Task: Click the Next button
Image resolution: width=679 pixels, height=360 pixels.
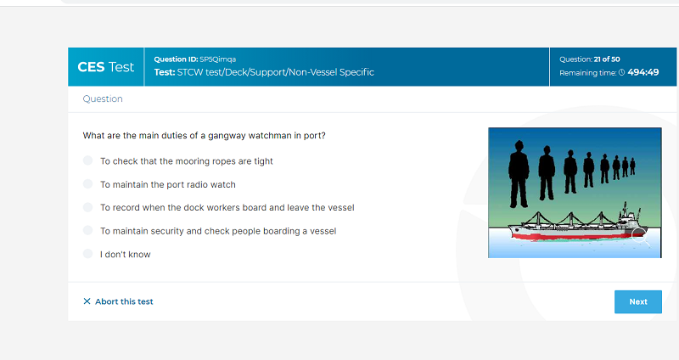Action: point(638,301)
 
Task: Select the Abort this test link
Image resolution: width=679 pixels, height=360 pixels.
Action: point(124,301)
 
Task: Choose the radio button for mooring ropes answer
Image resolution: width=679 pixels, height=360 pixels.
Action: point(88,160)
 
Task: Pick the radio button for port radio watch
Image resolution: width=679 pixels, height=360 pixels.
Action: point(88,184)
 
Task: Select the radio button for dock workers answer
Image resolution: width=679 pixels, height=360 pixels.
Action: point(88,207)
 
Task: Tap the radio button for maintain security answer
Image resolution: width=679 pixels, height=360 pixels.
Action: point(88,230)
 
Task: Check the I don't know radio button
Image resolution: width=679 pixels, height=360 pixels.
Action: point(88,254)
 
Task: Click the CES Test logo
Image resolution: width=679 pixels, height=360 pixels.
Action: point(105,67)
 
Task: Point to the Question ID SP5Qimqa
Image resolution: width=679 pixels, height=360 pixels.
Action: point(195,59)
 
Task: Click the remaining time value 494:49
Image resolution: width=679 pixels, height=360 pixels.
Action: point(643,72)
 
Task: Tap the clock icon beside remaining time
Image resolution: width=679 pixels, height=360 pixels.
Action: point(621,73)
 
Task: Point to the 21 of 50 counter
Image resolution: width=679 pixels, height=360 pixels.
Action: point(607,59)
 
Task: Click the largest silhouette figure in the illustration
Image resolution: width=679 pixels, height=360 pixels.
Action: point(519,174)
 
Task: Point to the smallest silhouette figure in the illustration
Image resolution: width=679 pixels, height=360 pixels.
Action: point(632,166)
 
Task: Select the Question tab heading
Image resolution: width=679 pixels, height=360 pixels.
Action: point(103,98)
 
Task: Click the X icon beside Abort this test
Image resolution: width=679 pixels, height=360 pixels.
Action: point(87,301)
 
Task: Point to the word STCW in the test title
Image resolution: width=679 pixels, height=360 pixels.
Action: point(189,72)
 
